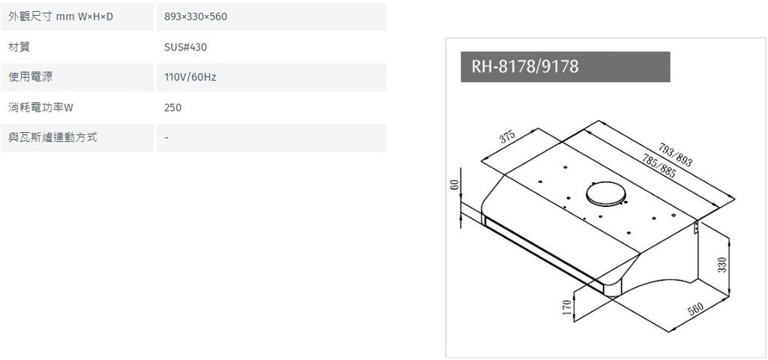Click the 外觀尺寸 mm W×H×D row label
coord(61,16)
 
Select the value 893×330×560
coord(196,16)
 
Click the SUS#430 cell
coord(186,47)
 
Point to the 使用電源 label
coord(30,77)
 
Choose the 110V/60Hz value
coord(190,77)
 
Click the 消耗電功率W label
coord(40,107)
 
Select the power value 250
coord(173,108)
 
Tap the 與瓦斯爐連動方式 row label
coord(53,138)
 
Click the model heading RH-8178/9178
coord(524,66)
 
